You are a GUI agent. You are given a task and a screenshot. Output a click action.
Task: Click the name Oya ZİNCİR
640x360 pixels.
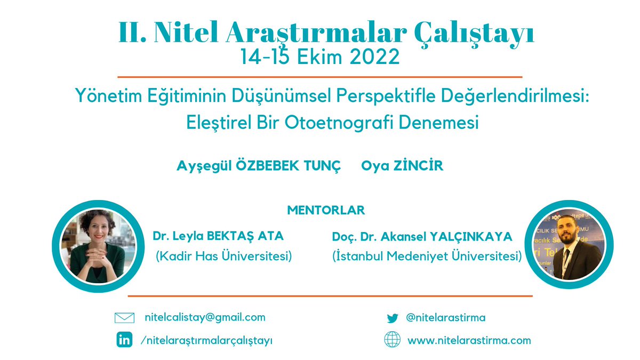tap(402, 166)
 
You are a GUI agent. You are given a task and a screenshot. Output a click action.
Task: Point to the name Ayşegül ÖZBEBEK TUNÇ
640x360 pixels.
tap(258, 166)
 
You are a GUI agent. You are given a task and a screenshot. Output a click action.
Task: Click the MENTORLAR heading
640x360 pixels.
tap(326, 210)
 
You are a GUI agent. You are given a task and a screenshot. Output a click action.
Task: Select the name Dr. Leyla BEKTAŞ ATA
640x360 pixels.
tap(218, 236)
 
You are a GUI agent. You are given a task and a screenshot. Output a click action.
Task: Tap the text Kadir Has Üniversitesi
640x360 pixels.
tap(224, 256)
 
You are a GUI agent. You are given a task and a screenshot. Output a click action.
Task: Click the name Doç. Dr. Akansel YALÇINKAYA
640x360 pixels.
tap(422, 236)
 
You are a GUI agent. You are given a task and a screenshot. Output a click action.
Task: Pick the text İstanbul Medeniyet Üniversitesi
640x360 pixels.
tap(427, 256)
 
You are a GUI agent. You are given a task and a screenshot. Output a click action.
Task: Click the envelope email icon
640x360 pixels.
tap(124, 318)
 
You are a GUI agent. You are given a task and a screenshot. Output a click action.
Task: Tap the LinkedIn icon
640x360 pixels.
tap(124, 340)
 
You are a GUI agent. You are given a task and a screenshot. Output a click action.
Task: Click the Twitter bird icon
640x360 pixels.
tap(393, 318)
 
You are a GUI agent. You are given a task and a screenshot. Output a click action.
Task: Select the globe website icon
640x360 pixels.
tap(393, 340)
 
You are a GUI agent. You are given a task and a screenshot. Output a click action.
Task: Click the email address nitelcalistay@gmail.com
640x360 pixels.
tap(205, 317)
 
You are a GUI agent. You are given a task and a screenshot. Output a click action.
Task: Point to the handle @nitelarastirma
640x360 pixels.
tap(445, 318)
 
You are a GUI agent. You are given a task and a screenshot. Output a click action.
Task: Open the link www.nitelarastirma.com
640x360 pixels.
tap(469, 340)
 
